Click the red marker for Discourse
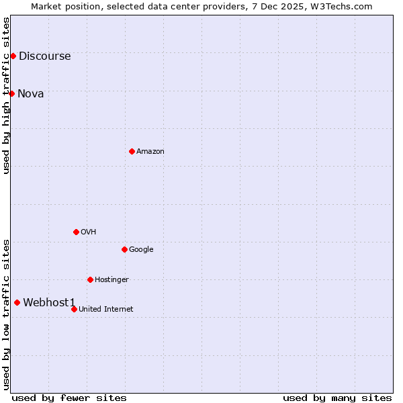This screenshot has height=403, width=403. click(13, 56)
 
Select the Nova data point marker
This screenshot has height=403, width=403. click(11, 93)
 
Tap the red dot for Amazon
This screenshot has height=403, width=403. click(132, 151)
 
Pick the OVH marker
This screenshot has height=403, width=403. click(76, 232)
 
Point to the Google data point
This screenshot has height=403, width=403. click(124, 249)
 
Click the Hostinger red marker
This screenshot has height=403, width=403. click(90, 279)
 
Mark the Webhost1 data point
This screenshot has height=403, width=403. click(17, 302)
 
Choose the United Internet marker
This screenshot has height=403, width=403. click(74, 309)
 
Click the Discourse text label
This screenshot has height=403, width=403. click(44, 56)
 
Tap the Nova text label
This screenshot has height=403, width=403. click(31, 94)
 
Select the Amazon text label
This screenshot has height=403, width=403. click(150, 152)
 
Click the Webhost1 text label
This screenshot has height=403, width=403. click(50, 303)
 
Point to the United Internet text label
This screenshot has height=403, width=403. click(105, 310)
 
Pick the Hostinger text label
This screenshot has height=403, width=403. click(111, 280)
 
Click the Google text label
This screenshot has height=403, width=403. click(141, 250)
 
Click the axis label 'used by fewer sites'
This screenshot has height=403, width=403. click(69, 398)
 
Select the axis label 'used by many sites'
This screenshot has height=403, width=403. click(337, 398)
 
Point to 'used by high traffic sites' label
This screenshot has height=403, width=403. click(6, 95)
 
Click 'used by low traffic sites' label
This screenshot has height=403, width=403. click(6, 314)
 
